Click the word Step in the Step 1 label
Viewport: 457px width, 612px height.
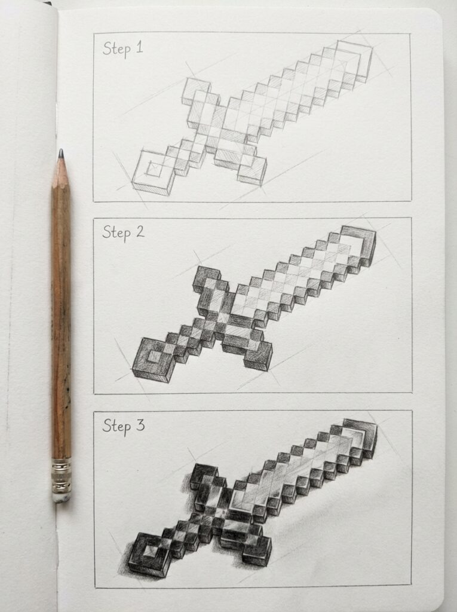(x=116, y=48)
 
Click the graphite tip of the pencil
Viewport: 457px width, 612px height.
(x=60, y=154)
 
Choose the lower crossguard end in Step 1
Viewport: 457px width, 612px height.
(x=251, y=170)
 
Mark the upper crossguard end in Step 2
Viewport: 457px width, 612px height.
(x=207, y=279)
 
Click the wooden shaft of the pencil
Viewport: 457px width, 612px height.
(x=61, y=311)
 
